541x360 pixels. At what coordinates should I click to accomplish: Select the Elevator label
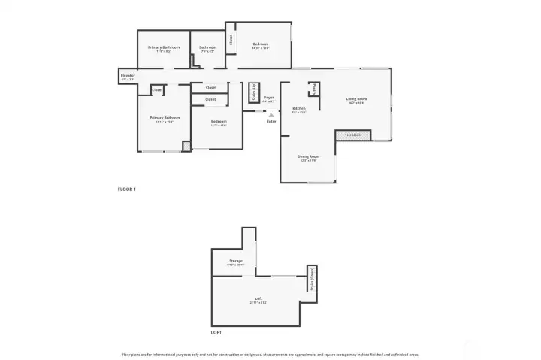pyautogui.click(x=128, y=75)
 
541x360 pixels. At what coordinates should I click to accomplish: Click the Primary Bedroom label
pyautogui.click(x=164, y=118)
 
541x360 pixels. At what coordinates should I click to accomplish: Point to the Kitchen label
pyautogui.click(x=298, y=109)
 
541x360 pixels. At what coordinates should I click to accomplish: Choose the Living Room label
pyautogui.click(x=356, y=99)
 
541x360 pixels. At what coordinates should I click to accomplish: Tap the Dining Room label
pyautogui.click(x=308, y=156)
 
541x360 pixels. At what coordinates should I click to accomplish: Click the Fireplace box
pyautogui.click(x=353, y=135)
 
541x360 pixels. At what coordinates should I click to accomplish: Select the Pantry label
pyautogui.click(x=314, y=89)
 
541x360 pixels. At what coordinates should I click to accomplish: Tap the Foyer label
pyautogui.click(x=268, y=98)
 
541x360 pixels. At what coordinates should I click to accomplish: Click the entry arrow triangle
pyautogui.click(x=271, y=114)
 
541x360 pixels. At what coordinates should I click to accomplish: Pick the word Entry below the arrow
pyautogui.click(x=271, y=121)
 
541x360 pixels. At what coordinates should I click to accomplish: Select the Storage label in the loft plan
pyautogui.click(x=234, y=261)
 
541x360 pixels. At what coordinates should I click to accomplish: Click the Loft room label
pyautogui.click(x=258, y=300)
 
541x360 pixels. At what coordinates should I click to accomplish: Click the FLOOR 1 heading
pyautogui.click(x=127, y=189)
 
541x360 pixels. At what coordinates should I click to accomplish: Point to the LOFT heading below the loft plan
pyautogui.click(x=217, y=331)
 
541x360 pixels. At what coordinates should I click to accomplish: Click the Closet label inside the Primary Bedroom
pyautogui.click(x=157, y=90)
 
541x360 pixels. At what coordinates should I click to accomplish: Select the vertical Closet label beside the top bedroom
pyautogui.click(x=231, y=39)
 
